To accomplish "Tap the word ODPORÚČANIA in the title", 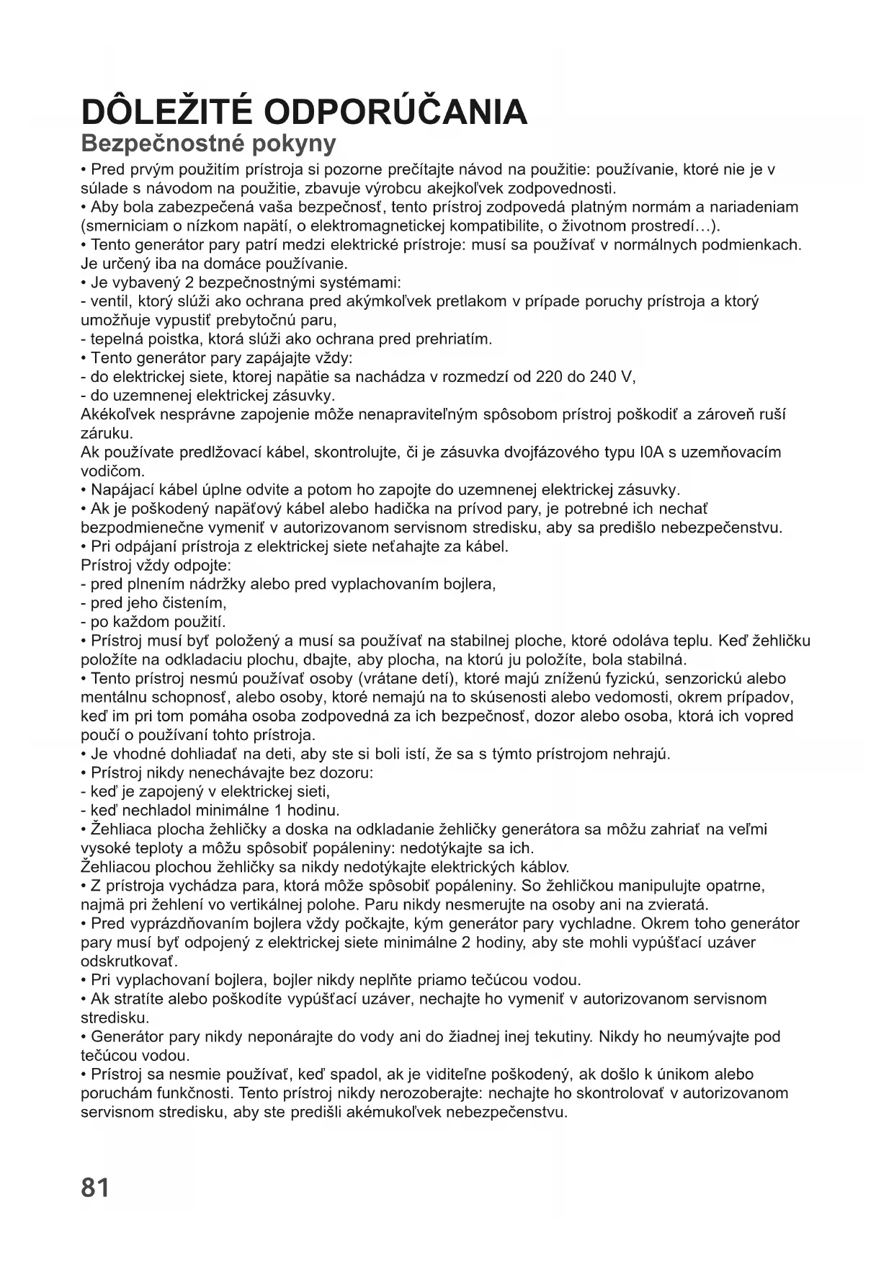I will point(396,112).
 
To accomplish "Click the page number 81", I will point(95,1187).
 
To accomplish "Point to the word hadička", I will point(408,509).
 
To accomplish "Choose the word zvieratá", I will point(679,904).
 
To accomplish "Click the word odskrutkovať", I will point(128,961).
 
